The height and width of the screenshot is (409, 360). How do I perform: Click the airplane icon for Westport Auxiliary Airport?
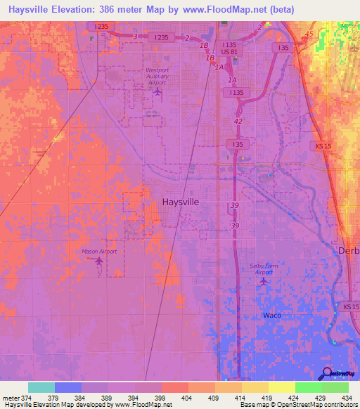157,91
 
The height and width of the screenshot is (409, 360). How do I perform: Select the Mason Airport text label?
98,251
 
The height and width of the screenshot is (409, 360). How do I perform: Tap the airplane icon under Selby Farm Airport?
264,280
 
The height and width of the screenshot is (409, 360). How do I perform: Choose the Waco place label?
272,315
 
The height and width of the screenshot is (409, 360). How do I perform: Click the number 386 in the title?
109,9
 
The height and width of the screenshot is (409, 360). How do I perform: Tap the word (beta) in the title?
279,9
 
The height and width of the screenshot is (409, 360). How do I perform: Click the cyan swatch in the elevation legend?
41,387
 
